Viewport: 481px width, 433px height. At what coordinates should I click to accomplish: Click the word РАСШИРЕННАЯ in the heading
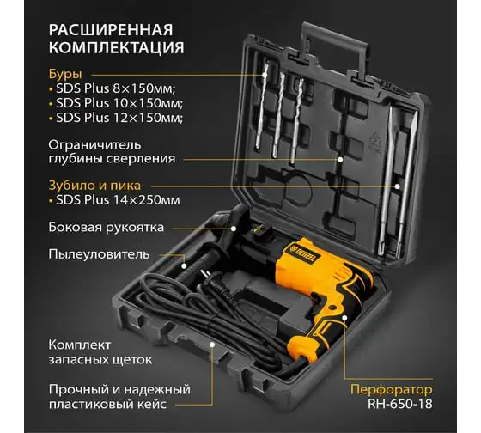(111, 30)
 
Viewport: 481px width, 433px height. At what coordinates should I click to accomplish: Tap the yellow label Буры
(65, 74)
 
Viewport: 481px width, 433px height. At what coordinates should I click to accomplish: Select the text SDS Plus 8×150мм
(116, 88)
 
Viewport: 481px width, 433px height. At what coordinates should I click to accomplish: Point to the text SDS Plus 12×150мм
(119, 118)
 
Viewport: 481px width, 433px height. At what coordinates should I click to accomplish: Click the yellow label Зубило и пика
(94, 186)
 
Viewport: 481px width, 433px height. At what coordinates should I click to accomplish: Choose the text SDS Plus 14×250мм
(118, 200)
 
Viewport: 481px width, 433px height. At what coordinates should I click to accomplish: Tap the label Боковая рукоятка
(107, 228)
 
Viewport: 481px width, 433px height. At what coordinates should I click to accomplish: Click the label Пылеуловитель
(99, 254)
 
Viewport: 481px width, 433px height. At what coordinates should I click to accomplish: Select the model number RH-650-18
(400, 404)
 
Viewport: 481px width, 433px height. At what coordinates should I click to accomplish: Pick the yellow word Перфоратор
(392, 389)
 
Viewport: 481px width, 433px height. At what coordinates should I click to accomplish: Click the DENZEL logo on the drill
(305, 253)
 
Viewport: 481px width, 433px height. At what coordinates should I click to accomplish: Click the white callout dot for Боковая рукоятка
(234, 229)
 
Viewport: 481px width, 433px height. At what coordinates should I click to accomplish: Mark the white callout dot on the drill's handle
(344, 317)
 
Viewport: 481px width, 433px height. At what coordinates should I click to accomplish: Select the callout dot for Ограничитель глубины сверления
(340, 160)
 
